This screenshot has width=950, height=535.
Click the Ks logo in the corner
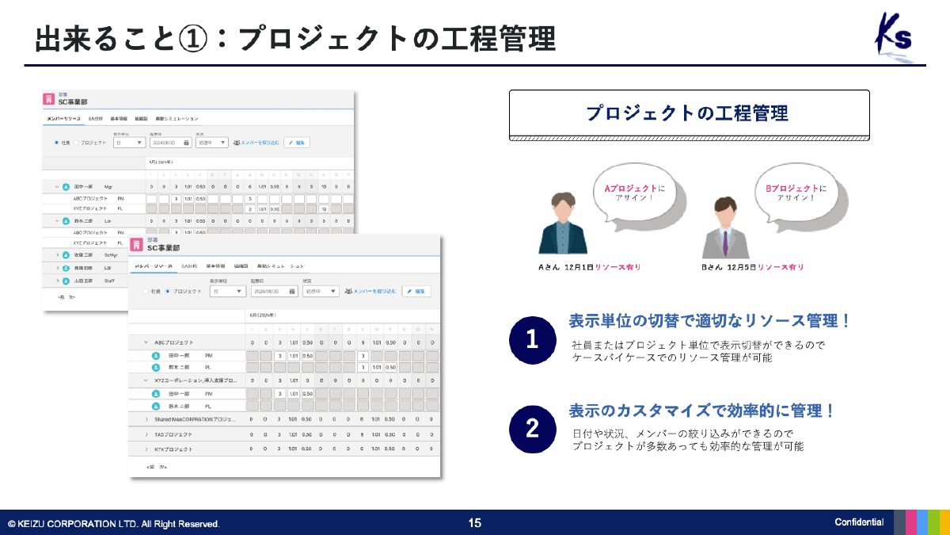point(894,36)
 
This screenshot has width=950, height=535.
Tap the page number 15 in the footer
point(475,522)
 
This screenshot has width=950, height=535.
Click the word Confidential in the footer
point(859,522)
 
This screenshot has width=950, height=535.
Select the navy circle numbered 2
point(532,429)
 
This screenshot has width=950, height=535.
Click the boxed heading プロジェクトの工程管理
point(689,113)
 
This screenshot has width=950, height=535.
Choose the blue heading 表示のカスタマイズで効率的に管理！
point(702,411)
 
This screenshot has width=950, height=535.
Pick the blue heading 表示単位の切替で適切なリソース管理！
point(710,321)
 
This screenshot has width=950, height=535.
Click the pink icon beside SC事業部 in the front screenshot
point(136,245)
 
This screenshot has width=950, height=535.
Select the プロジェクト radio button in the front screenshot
point(168,292)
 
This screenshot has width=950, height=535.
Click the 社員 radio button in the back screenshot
point(56,143)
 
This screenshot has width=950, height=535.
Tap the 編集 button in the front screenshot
point(416,292)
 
